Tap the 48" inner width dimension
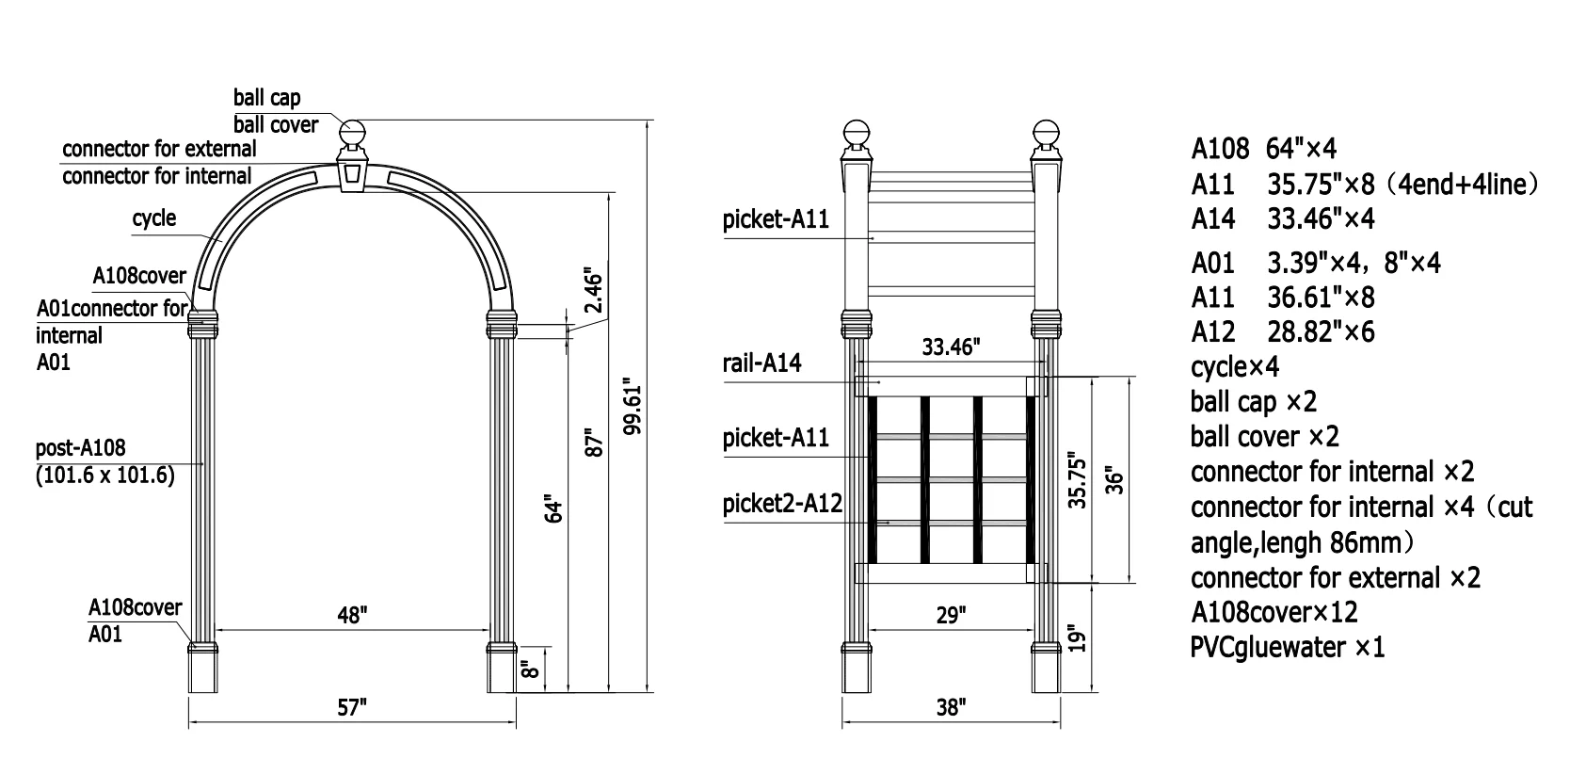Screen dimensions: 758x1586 point(351,615)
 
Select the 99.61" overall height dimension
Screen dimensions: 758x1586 point(633,408)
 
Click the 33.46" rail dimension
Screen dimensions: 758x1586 point(950,347)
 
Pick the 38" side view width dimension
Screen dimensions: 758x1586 point(951,707)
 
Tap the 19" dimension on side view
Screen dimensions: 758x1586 point(1080,637)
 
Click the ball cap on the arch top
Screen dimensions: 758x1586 point(352,133)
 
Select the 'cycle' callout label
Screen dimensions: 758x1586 point(153,218)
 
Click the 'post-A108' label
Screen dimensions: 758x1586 point(80,448)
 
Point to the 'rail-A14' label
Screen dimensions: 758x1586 point(762,363)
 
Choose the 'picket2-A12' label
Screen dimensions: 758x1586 point(781,504)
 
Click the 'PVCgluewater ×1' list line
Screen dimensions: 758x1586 point(1287,648)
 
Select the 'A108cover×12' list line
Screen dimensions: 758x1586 point(1274,612)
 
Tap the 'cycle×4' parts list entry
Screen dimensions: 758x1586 point(1234,366)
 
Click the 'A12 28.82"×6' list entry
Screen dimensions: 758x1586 point(1282,331)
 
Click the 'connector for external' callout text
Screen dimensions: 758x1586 point(159,149)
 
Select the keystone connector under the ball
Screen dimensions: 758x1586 point(352,174)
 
